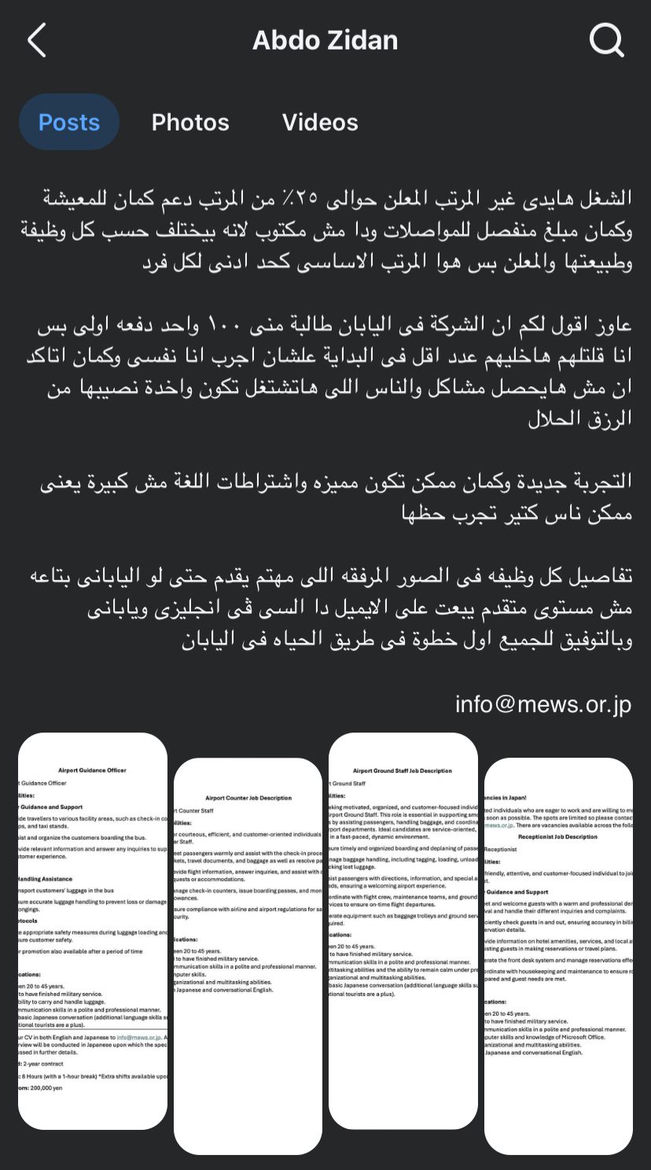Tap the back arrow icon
[x=37, y=40]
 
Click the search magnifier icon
[x=606, y=40]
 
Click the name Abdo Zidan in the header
[x=325, y=40]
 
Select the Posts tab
[x=69, y=122]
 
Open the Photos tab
[x=190, y=122]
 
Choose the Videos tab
[x=320, y=122]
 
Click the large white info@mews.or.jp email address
[x=543, y=703]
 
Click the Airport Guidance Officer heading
[x=92, y=770]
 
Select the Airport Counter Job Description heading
[x=248, y=798]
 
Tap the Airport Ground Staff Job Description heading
[x=403, y=771]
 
